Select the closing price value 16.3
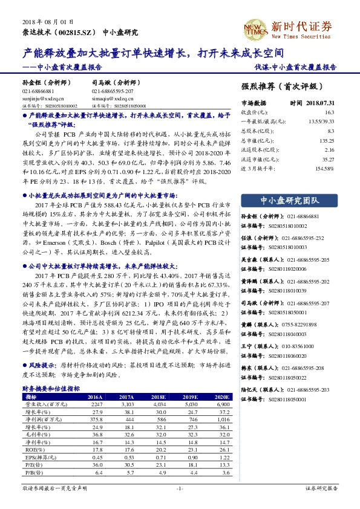[x=329, y=112]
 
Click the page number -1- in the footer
[x=180, y=487]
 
